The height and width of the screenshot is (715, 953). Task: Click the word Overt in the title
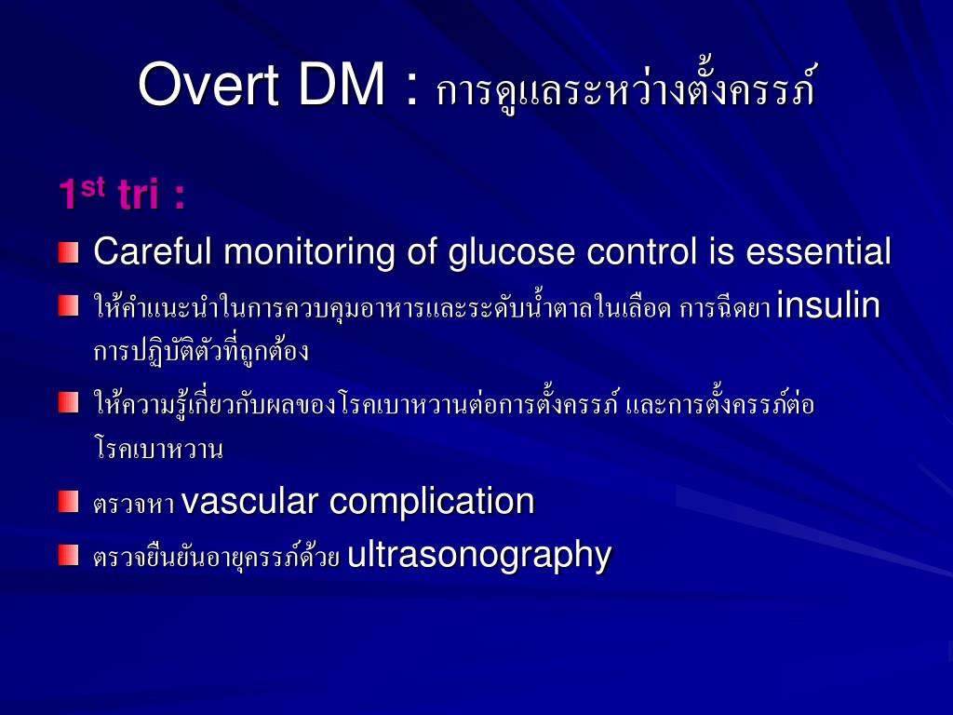coord(208,85)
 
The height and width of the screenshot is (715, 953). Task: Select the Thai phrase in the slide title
coord(625,88)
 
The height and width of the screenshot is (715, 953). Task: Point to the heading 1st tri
coord(121,195)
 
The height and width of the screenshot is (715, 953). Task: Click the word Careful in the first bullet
coord(153,251)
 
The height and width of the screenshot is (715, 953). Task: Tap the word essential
coord(818,251)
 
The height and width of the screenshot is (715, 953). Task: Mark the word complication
coord(432,502)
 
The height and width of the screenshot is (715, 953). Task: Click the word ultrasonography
coord(478,555)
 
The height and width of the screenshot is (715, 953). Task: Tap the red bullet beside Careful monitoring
coord(68,252)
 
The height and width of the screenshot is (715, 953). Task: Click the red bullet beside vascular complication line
coord(68,502)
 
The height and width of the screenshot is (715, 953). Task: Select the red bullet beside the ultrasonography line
coord(68,556)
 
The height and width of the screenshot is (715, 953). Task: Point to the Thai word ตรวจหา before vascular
coord(134,505)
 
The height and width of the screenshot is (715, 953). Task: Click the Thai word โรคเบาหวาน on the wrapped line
coord(158,451)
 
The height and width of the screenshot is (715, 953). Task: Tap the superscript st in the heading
coord(92,186)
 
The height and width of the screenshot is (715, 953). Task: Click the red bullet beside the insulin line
coord(68,305)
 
